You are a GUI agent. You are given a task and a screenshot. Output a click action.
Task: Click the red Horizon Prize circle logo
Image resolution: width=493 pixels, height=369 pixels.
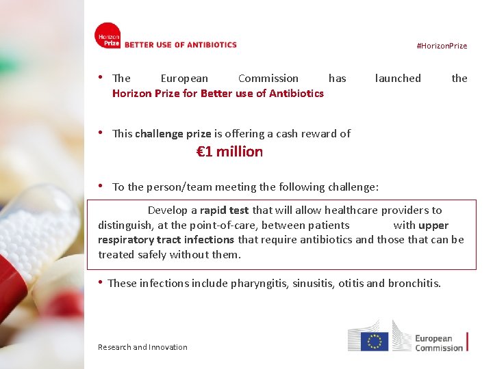(108, 36)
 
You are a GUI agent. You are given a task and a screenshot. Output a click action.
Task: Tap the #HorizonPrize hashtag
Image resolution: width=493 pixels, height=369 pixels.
(442, 46)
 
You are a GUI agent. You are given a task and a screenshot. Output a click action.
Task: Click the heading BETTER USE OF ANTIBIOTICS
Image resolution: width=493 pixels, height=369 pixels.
(180, 45)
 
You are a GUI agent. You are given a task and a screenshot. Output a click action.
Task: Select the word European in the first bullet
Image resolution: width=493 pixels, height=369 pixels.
(184, 79)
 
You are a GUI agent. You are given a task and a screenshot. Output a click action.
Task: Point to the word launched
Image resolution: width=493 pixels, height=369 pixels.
(398, 79)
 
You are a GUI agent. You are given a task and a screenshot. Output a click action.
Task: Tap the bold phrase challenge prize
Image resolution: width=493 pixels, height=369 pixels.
(173, 134)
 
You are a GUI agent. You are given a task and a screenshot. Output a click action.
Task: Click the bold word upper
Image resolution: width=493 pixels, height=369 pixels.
(433, 225)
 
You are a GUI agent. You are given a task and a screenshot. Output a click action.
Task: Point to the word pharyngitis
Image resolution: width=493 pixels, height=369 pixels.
(260, 283)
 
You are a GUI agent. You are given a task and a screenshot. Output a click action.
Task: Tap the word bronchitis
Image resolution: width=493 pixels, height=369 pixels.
(414, 283)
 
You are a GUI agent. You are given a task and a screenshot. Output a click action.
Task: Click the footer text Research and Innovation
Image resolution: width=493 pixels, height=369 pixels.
(142, 347)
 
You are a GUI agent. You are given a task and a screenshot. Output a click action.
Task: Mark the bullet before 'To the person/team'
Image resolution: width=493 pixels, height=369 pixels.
(101, 186)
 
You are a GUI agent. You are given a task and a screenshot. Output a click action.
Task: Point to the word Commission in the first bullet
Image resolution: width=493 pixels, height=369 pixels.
(268, 79)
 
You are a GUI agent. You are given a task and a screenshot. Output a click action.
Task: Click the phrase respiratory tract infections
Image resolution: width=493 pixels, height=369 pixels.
(166, 240)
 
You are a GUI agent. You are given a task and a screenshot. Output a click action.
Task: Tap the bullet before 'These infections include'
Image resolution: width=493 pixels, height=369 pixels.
(101, 282)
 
